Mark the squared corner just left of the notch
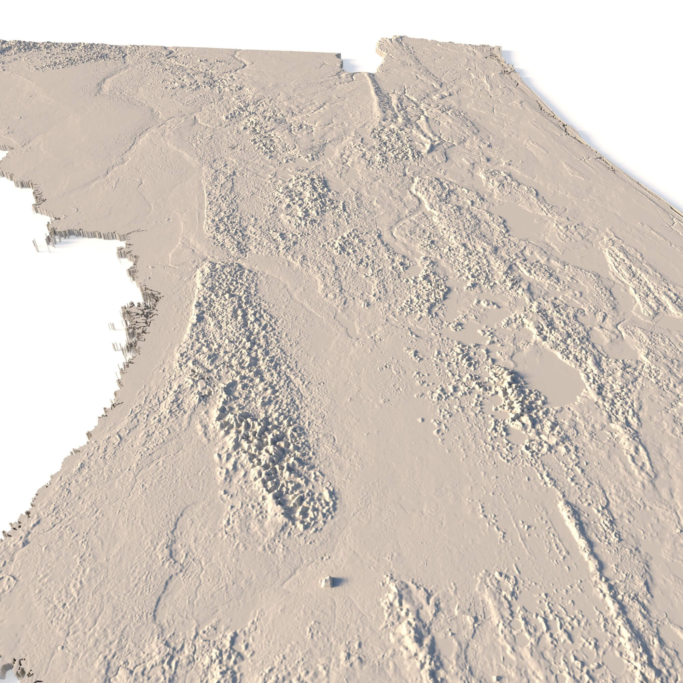coord(340,57)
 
